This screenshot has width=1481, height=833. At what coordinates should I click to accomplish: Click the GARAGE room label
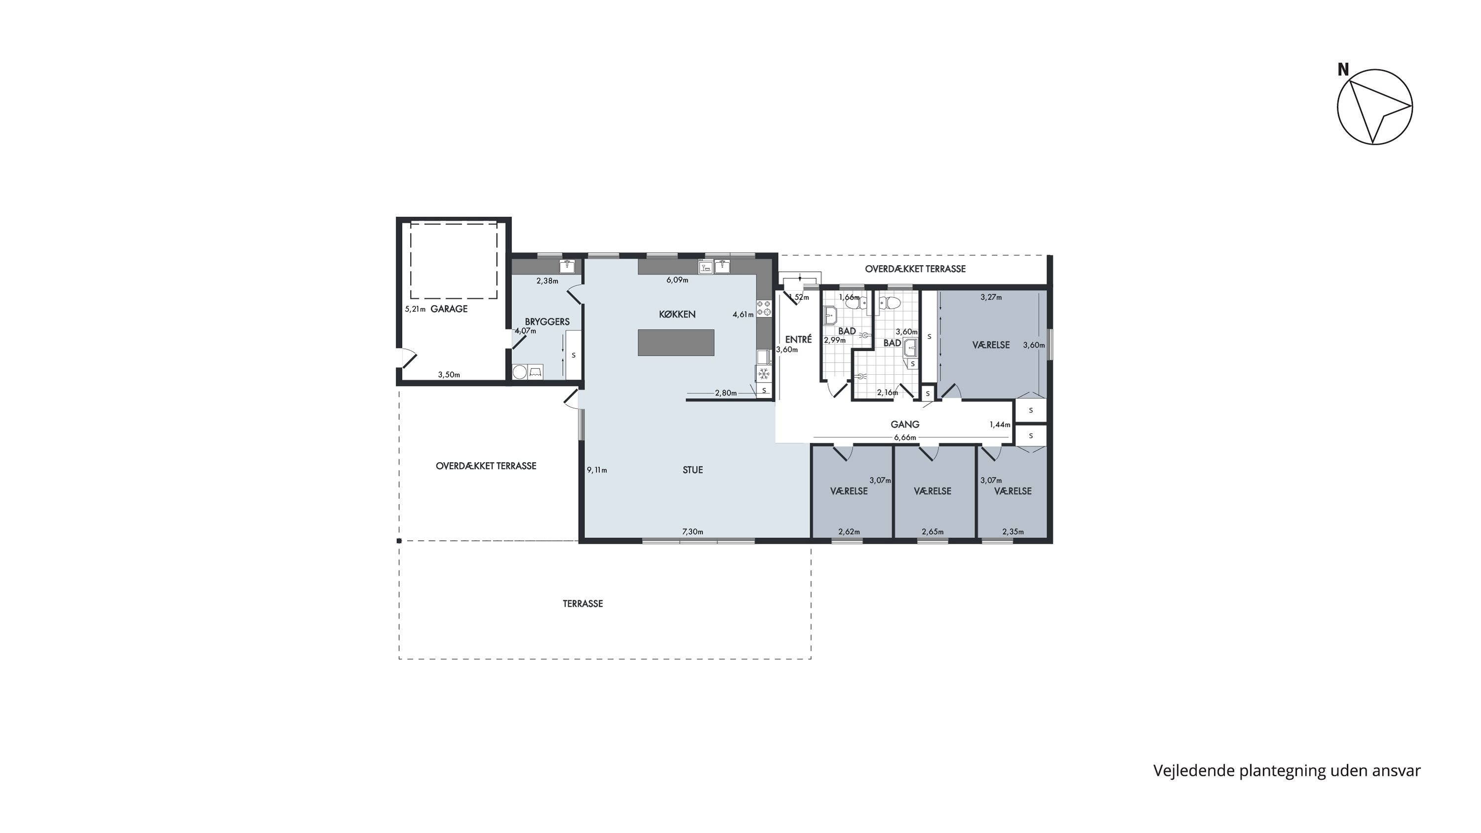449,309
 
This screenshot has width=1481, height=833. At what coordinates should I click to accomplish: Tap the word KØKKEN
677,314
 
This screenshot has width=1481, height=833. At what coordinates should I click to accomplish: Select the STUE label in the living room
693,470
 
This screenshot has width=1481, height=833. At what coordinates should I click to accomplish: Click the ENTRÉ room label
799,339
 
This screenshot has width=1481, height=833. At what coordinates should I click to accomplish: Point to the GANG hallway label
905,424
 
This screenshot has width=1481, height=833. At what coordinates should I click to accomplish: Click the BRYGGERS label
547,321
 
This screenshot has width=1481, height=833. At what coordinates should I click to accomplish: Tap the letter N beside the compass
1343,70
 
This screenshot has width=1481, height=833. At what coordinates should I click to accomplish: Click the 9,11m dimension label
597,470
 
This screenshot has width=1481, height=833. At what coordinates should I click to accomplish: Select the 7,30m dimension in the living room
693,532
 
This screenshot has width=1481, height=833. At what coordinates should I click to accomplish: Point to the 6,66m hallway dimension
905,437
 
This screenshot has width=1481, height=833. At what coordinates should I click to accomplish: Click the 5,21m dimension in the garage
415,309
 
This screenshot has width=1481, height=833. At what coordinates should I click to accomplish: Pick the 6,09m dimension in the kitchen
677,280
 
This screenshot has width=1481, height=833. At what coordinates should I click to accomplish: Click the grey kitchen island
676,343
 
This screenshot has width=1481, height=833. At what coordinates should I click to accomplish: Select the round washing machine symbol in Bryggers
520,372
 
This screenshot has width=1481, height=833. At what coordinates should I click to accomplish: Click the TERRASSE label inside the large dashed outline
583,603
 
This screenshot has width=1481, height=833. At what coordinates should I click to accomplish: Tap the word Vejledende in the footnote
1194,771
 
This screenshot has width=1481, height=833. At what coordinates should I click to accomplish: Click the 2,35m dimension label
1013,532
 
